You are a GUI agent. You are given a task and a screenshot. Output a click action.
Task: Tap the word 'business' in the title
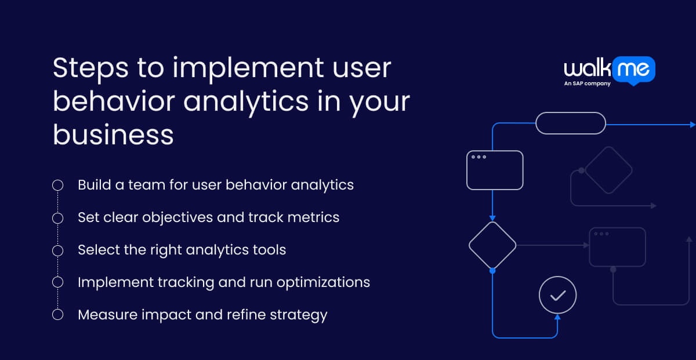(113, 135)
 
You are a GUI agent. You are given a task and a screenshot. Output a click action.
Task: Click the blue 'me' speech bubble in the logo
(634, 70)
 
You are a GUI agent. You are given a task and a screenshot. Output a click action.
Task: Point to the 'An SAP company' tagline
(587, 83)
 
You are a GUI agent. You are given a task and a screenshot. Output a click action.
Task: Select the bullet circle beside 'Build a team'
(57, 186)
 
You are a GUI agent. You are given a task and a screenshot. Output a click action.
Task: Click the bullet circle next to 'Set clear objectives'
(57, 218)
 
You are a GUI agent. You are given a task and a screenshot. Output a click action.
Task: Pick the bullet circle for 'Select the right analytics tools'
(57, 250)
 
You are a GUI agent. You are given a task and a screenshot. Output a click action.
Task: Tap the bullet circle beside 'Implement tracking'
(57, 282)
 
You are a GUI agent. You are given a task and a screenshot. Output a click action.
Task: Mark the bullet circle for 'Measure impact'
(57, 315)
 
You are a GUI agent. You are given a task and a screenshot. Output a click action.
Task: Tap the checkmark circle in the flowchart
(557, 295)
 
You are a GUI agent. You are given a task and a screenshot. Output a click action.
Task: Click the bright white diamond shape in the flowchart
(492, 245)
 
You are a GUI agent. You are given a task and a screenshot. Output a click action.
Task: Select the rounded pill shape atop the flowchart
(570, 123)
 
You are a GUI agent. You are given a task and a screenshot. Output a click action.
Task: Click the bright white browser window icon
(495, 170)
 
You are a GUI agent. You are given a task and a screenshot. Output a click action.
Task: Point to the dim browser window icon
(617, 247)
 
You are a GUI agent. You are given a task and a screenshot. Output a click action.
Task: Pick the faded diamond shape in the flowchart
(608, 170)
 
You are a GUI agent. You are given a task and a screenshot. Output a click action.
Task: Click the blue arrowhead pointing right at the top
(692, 125)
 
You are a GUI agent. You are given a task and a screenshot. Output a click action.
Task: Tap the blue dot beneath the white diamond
(492, 271)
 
